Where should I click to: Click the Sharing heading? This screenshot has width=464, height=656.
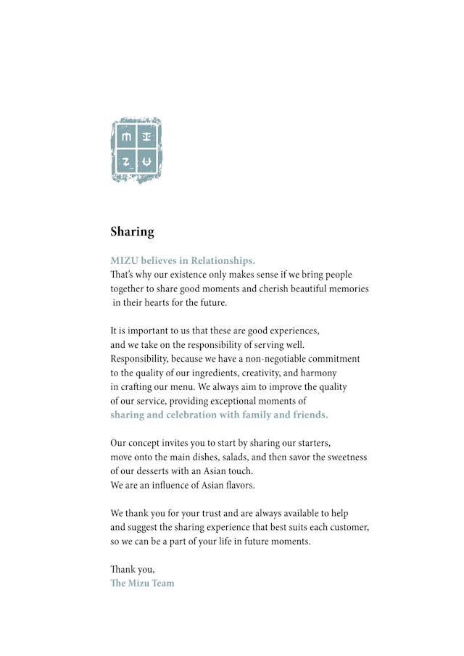click(x=132, y=232)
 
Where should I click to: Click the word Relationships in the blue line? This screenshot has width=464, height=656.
click(x=223, y=260)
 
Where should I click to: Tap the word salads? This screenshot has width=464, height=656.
click(x=266, y=457)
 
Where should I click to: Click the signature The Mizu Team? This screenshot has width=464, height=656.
click(x=142, y=584)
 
